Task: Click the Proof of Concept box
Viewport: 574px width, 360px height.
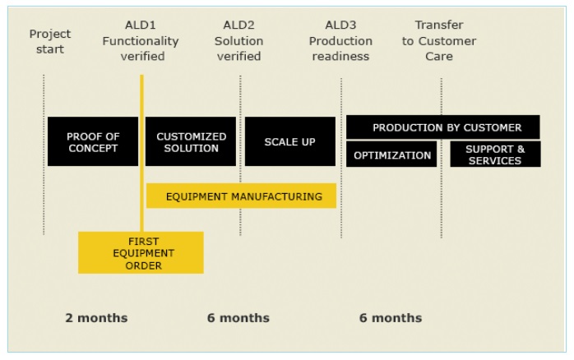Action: click(93, 141)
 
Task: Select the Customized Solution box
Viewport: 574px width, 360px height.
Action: click(191, 141)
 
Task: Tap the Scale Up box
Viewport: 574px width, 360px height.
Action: click(290, 141)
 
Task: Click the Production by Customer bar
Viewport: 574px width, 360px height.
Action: click(443, 127)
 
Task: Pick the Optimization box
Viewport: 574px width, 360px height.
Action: click(391, 155)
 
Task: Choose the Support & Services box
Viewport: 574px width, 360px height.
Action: click(495, 155)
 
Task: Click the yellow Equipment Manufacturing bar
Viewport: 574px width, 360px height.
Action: click(241, 196)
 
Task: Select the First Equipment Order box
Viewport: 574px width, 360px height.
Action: click(141, 252)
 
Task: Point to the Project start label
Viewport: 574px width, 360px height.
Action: click(50, 41)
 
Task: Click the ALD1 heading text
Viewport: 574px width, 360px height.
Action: click(141, 25)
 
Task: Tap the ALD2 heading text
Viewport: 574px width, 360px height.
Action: click(238, 25)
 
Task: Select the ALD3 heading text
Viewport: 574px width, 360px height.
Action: click(340, 25)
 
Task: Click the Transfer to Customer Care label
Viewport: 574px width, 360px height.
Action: click(439, 40)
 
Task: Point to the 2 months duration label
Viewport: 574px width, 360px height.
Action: click(97, 317)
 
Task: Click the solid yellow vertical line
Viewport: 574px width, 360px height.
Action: click(141, 154)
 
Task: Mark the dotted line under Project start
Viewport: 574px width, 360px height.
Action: click(44, 155)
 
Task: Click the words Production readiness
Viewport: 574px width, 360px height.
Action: click(340, 48)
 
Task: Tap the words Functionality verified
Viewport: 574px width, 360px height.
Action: click(141, 48)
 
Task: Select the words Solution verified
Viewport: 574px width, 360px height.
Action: click(238, 48)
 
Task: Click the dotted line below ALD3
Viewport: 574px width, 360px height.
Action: click(341, 158)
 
